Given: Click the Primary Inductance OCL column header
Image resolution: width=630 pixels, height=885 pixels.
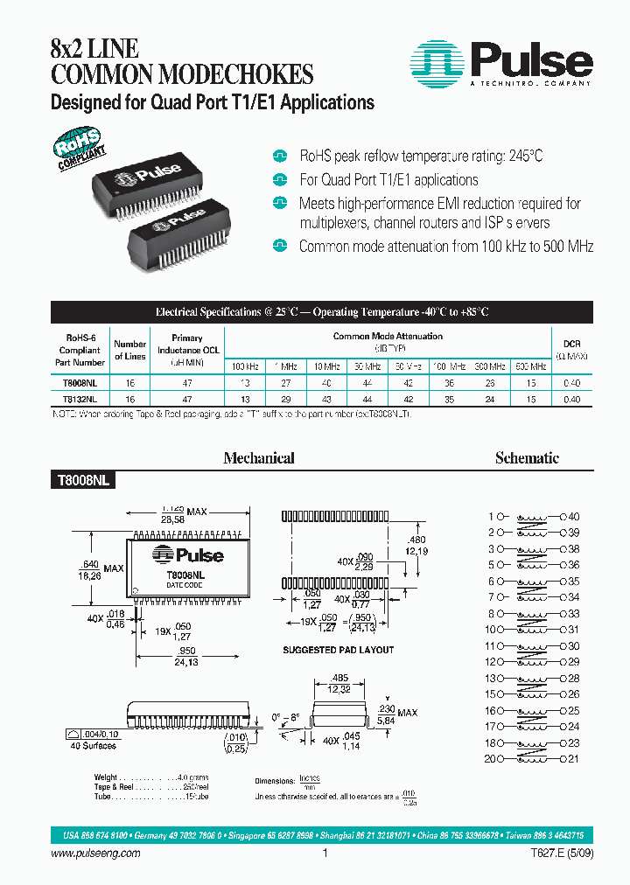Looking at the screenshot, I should click(186, 349).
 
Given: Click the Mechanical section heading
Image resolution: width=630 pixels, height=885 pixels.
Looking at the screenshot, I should click(259, 457).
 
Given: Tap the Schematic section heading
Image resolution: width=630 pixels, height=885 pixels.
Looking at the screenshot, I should click(527, 457).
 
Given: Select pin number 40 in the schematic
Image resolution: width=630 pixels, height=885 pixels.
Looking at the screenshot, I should click(574, 517).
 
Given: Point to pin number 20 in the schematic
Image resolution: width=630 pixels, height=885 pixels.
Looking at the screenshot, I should click(489, 758).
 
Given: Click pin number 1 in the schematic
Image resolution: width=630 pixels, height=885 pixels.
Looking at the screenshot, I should click(492, 517).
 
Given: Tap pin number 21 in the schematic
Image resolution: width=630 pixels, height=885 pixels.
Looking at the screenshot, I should click(574, 758).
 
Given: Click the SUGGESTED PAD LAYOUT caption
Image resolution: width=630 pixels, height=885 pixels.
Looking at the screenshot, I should click(338, 650).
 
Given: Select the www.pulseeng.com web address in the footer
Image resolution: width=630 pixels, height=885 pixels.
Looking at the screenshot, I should click(90, 854).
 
